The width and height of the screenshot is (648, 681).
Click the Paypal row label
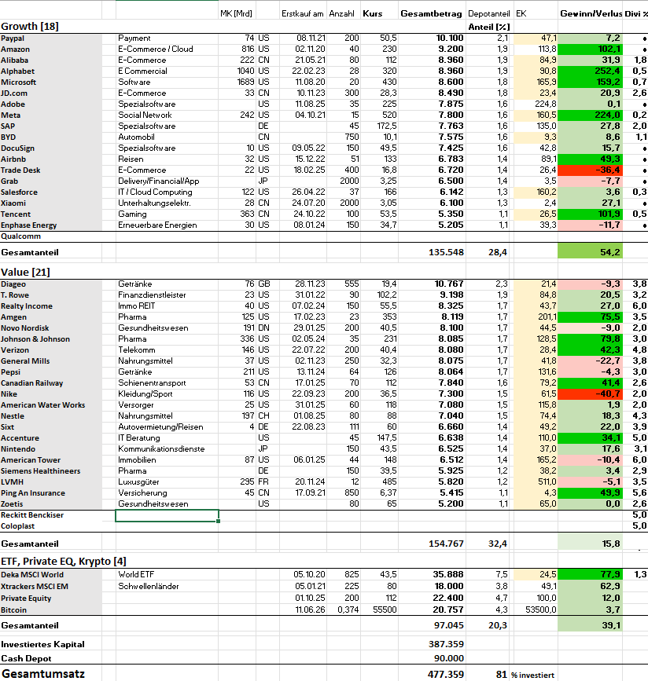(x=13, y=38)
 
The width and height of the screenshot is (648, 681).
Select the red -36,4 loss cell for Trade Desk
(x=590, y=170)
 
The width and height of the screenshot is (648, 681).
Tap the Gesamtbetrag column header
(x=431, y=14)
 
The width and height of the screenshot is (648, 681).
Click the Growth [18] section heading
(x=30, y=27)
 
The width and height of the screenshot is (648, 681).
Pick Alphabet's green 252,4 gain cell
(x=590, y=71)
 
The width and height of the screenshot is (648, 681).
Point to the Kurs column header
(x=372, y=14)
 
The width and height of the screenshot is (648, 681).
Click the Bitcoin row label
(x=13, y=610)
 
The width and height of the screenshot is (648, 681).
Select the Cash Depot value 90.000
(x=449, y=658)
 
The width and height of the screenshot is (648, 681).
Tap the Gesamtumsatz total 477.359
(x=446, y=674)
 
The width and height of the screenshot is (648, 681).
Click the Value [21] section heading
(x=25, y=273)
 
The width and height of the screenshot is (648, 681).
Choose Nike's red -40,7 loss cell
(x=590, y=394)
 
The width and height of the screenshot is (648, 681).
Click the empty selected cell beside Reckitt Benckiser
(x=167, y=515)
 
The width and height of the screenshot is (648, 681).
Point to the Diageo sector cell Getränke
(x=134, y=284)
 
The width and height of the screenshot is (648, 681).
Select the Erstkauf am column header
(x=302, y=14)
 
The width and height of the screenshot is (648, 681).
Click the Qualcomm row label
(x=21, y=236)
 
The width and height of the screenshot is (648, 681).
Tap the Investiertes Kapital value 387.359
(x=446, y=644)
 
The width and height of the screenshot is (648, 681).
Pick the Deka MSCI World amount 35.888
(x=448, y=575)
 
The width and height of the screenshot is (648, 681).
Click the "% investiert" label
(x=532, y=675)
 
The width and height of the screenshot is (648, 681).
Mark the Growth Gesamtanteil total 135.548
(x=446, y=252)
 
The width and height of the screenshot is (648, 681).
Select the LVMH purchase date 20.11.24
(x=310, y=482)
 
